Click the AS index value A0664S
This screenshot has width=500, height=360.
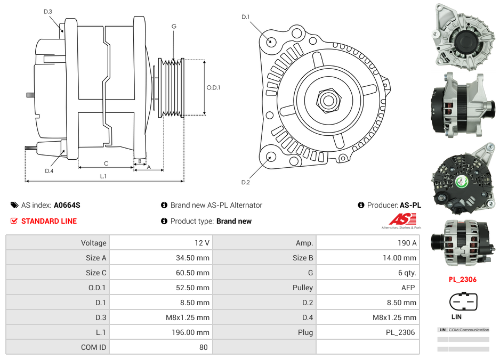(67, 205)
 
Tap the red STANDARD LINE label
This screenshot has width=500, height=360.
(49, 221)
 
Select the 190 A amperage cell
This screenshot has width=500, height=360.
(407, 243)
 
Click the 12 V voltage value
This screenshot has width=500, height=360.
(202, 243)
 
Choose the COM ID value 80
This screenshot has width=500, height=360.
(203, 347)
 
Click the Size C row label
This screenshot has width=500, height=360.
(96, 273)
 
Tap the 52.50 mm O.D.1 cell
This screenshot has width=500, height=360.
(193, 288)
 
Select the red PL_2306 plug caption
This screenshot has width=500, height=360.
(462, 279)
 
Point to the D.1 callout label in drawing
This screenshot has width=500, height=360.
(245, 17)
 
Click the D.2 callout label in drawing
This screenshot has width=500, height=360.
(245, 182)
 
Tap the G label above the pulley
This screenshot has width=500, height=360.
(174, 26)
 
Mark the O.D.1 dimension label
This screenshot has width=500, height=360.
(214, 88)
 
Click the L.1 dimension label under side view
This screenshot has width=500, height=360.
(103, 176)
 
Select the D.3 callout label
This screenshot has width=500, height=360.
(48, 11)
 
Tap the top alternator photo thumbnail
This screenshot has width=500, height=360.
(462, 36)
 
